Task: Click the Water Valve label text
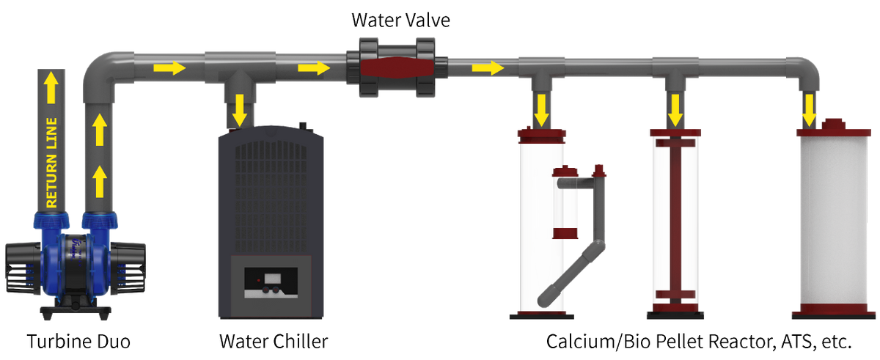(400, 20)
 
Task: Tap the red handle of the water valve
(397, 67)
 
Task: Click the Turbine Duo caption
(78, 341)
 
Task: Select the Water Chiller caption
(274, 341)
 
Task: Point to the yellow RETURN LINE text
(51, 163)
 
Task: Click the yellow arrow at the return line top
(51, 87)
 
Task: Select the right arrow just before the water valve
(314, 68)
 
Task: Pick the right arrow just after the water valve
(488, 68)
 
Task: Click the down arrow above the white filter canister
(808, 110)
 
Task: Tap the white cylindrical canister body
(834, 220)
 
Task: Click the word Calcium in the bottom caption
(580, 341)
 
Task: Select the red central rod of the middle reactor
(675, 220)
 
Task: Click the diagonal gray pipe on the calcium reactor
(571, 273)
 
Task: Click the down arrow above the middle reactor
(675, 110)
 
